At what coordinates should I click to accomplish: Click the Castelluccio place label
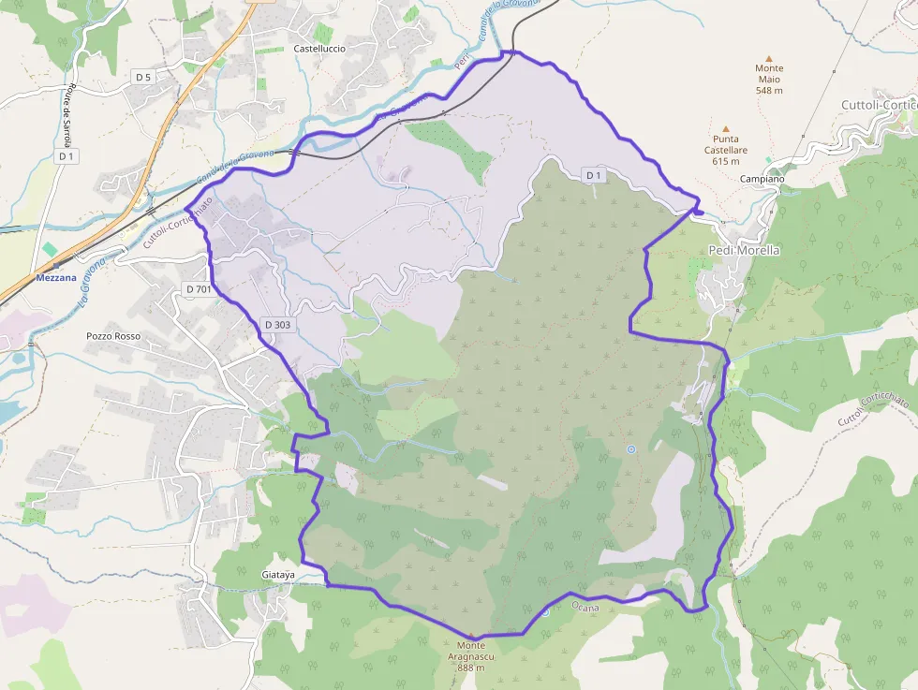pos(319,48)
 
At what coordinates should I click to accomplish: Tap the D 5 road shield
pos(142,76)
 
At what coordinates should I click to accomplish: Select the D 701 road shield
pos(200,289)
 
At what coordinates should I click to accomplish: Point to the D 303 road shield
pos(277,324)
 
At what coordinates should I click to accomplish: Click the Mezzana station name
pos(56,278)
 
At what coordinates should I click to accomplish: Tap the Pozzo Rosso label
pos(112,335)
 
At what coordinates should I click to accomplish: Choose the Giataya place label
pos(278,574)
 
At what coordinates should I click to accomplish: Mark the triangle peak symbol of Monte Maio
pos(769,58)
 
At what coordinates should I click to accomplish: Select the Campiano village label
pos(762,179)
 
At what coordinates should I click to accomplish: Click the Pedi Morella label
pos(745,250)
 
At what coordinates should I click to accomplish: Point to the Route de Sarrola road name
pos(68,113)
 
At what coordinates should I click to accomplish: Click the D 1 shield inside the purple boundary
pos(593,175)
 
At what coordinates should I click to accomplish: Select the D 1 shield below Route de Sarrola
pos(66,157)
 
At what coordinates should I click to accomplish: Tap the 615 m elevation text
pos(726,161)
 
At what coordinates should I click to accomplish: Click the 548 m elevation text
pos(769,90)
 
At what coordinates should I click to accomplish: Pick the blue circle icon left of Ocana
pos(545,612)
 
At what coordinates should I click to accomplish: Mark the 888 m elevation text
pos(472,668)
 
